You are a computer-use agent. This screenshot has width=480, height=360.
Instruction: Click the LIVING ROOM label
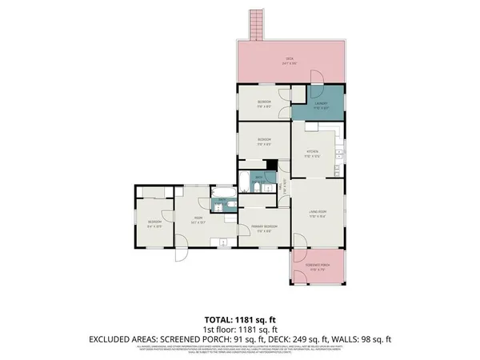pos(318,213)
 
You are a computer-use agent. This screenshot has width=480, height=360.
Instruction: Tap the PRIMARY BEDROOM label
pos(262,228)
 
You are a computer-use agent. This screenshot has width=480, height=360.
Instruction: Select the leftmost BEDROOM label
pos(154,222)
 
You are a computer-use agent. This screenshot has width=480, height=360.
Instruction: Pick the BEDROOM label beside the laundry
pos(264,102)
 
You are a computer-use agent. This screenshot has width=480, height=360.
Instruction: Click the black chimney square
pos(272,165)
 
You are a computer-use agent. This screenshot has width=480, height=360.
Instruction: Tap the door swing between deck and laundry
pos(316,78)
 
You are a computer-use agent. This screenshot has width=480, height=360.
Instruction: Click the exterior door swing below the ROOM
pos(182,253)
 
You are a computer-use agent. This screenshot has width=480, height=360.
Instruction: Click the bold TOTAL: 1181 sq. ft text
pos(241,317)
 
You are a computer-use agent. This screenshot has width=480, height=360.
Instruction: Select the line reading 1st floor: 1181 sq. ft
pos(241,328)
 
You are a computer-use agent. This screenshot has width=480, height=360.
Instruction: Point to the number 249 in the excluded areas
pos(305,339)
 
